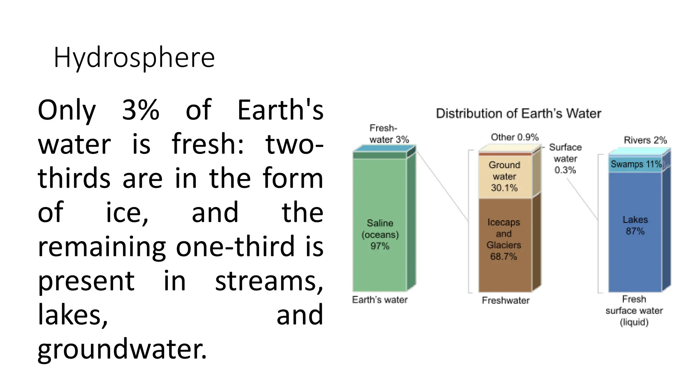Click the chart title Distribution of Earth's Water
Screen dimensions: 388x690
tap(518, 114)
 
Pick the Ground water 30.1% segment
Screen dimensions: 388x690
tap(505, 176)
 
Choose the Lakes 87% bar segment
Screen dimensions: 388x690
tap(635, 232)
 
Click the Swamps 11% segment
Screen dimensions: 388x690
tap(635, 165)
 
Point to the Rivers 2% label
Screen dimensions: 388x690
tap(645, 140)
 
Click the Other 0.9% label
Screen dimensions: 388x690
tap(514, 137)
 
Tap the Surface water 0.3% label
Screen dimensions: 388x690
tap(565, 159)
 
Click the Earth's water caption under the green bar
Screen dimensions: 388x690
tap(380, 300)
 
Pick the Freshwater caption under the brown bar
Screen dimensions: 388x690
tap(505, 300)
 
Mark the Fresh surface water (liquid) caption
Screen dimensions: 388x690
tap(634, 311)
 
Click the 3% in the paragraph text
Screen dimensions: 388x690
tap(140, 110)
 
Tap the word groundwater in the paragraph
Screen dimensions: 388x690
tap(122, 349)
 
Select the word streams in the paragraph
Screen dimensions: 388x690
tap(269, 281)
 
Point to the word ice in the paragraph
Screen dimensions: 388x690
tap(127, 213)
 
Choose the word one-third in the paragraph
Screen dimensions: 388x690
tap(235, 247)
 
